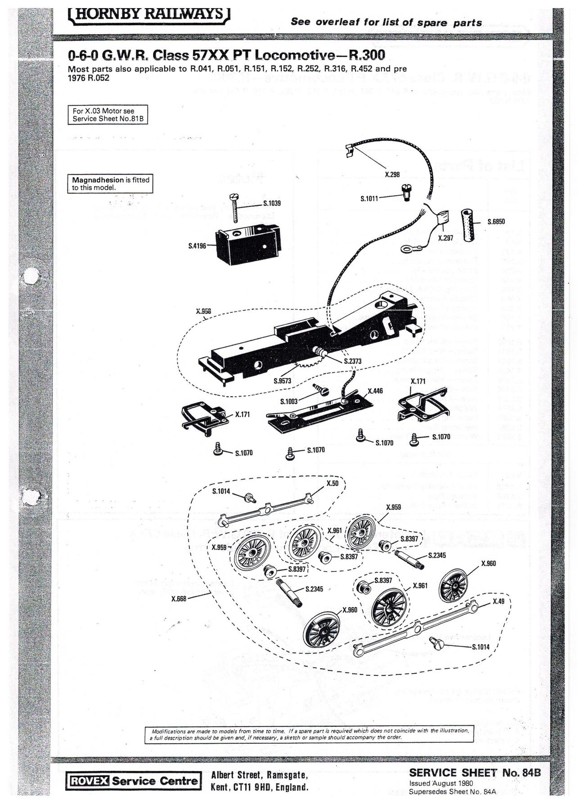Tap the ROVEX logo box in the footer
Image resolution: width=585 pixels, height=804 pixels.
[88, 781]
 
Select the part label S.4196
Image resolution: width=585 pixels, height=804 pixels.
[197, 246]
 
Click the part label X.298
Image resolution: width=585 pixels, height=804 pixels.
[392, 174]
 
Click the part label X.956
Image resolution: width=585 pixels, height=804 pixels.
[203, 311]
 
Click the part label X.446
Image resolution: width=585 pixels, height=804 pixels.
[375, 391]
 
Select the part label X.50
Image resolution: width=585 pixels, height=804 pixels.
[333, 483]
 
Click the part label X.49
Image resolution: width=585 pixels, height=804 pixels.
[499, 601]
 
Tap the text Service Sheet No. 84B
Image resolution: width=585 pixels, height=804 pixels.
[474, 773]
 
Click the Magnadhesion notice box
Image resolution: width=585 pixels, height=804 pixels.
[110, 183]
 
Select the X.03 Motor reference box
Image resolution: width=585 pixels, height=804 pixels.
[108, 115]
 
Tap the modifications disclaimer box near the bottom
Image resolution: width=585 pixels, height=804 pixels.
[310, 734]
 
